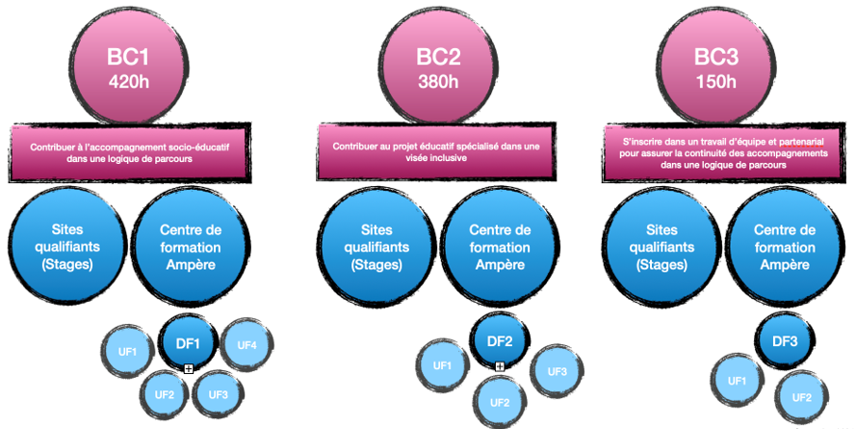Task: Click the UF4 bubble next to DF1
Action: pyautogui.click(x=246, y=343)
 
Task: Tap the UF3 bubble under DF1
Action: pyautogui.click(x=218, y=393)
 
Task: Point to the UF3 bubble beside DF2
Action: pyautogui.click(x=557, y=370)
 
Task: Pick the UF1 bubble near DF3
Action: pyautogui.click(x=737, y=381)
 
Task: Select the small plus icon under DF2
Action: pyautogui.click(x=500, y=366)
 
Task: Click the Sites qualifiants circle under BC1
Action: pyautogui.click(x=67, y=246)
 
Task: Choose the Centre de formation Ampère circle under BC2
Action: pyautogui.click(x=499, y=246)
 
